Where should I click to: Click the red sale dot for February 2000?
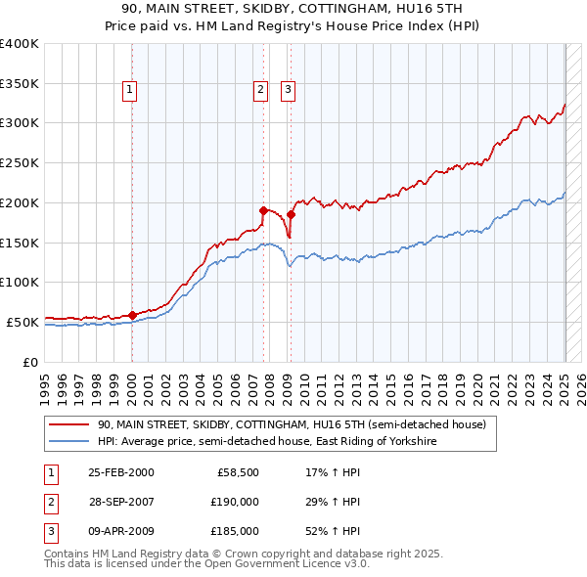click(133, 315)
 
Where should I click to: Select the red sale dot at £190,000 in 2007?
click(263, 210)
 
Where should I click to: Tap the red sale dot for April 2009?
click(291, 214)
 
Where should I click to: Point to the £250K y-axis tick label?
click(20, 162)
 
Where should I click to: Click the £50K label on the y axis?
click(23, 322)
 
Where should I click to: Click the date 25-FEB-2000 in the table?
click(120, 473)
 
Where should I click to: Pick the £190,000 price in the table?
click(235, 502)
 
